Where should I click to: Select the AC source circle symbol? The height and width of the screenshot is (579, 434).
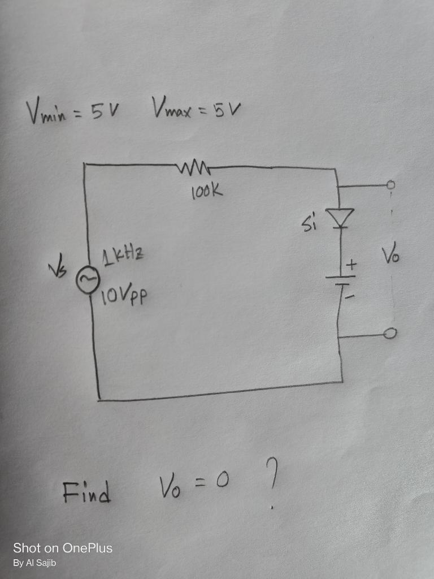click(x=88, y=281)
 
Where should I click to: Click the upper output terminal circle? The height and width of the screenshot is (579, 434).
click(x=390, y=184)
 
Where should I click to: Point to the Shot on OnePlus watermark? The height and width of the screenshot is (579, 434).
click(x=63, y=548)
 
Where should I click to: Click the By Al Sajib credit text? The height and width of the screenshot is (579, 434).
click(x=35, y=563)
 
